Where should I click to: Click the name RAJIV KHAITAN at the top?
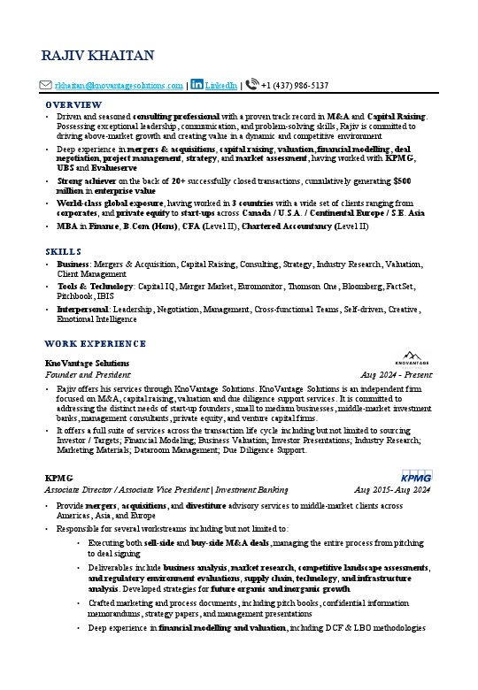point(97,57)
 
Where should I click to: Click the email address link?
point(119,86)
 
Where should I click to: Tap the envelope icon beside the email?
point(47,86)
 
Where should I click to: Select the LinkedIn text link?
point(221,86)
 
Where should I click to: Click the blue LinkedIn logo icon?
point(197,85)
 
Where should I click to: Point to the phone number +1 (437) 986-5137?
point(295,86)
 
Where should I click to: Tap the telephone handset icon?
point(252,85)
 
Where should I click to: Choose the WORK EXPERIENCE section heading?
point(95,343)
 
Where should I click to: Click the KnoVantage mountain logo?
point(411,356)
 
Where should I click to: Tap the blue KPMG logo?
point(416,476)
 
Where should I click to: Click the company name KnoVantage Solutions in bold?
point(87,363)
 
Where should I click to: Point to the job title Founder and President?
point(82,374)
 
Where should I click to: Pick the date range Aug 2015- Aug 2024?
point(391,489)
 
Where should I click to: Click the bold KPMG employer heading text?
point(58,478)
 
